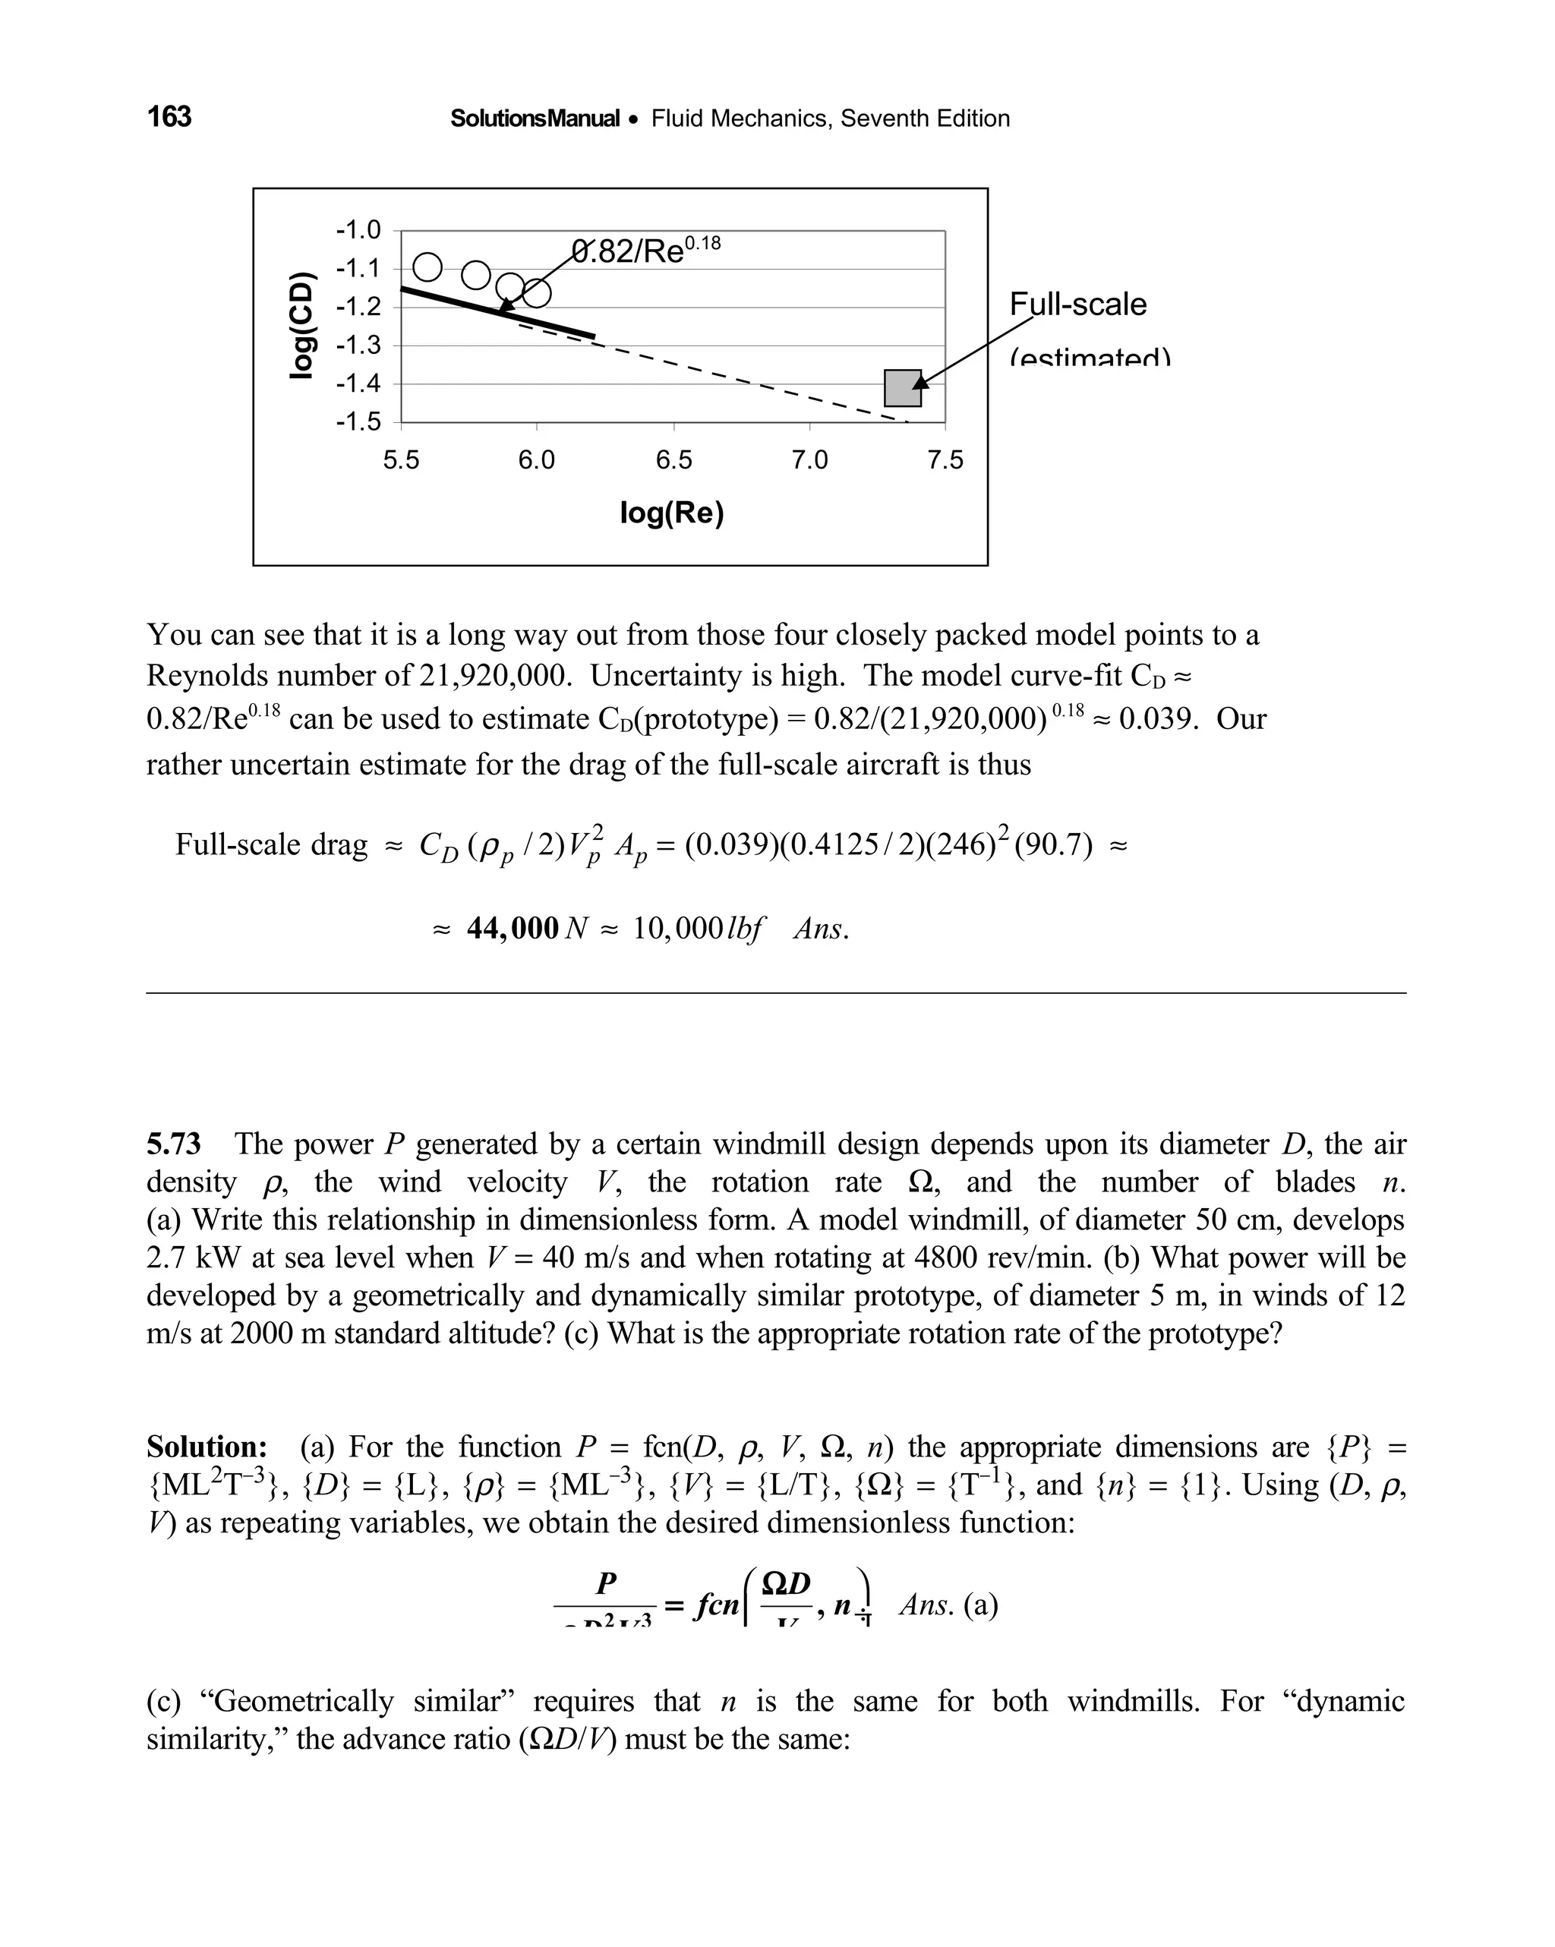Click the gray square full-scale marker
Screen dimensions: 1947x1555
(x=902, y=388)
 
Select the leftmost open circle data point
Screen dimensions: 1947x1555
(x=427, y=267)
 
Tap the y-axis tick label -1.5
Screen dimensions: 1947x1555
(x=358, y=421)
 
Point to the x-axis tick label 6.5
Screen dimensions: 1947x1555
(x=673, y=461)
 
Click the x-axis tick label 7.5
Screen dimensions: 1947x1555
(x=945, y=461)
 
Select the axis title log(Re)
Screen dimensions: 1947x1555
(x=672, y=513)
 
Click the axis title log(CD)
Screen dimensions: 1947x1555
(x=302, y=325)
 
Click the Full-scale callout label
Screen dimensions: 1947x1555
(x=1077, y=305)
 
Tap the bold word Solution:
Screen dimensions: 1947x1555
(x=207, y=1447)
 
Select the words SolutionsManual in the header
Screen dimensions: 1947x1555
(x=535, y=118)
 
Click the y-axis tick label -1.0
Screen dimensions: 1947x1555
(x=358, y=229)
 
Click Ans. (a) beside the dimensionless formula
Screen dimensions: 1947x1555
(x=948, y=1605)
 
